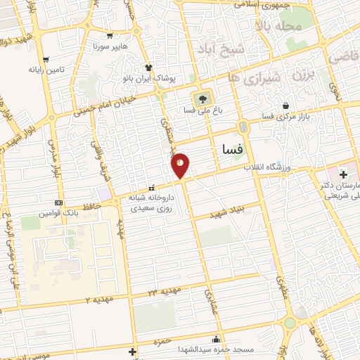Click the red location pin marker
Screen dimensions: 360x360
click(181, 165)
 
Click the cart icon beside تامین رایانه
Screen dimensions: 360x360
click(46, 59)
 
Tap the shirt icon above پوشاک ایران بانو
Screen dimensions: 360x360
click(148, 67)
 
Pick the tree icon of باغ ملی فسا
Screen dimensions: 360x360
click(202, 98)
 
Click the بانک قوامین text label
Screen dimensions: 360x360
click(57, 212)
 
